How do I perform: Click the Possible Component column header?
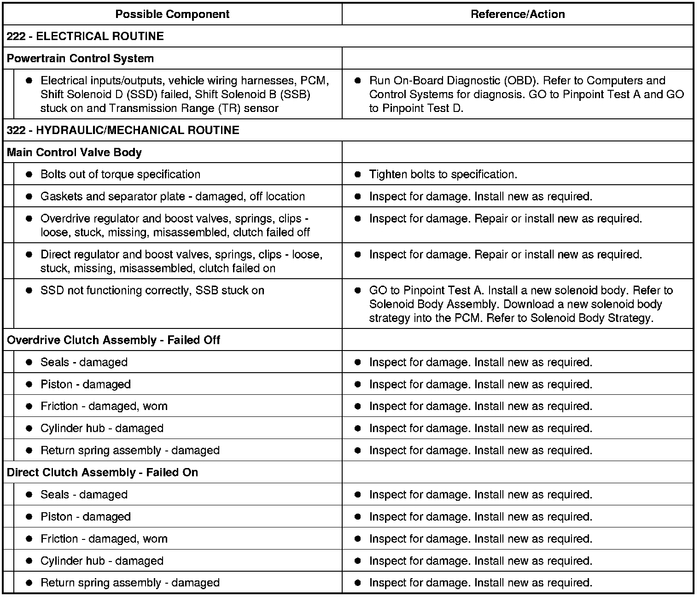pos(172,14)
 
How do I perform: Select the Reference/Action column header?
pos(518,14)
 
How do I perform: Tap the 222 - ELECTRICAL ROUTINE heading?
pos(86,36)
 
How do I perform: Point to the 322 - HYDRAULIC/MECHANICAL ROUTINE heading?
pos(123,130)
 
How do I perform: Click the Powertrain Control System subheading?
pos(81,59)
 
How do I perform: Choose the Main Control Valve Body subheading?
pos(75,152)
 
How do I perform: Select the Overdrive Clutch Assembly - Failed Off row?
pos(114,340)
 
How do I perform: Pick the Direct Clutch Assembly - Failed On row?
pos(103,473)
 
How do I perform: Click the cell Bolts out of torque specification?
pos(121,175)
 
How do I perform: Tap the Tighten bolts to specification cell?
pos(443,175)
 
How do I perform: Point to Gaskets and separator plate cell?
pos(173,197)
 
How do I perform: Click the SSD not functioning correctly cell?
pos(152,291)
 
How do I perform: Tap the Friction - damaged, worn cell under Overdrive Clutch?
pos(104,406)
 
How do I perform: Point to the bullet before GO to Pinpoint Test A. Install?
pos(358,291)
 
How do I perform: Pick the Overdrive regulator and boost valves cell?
pos(175,225)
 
